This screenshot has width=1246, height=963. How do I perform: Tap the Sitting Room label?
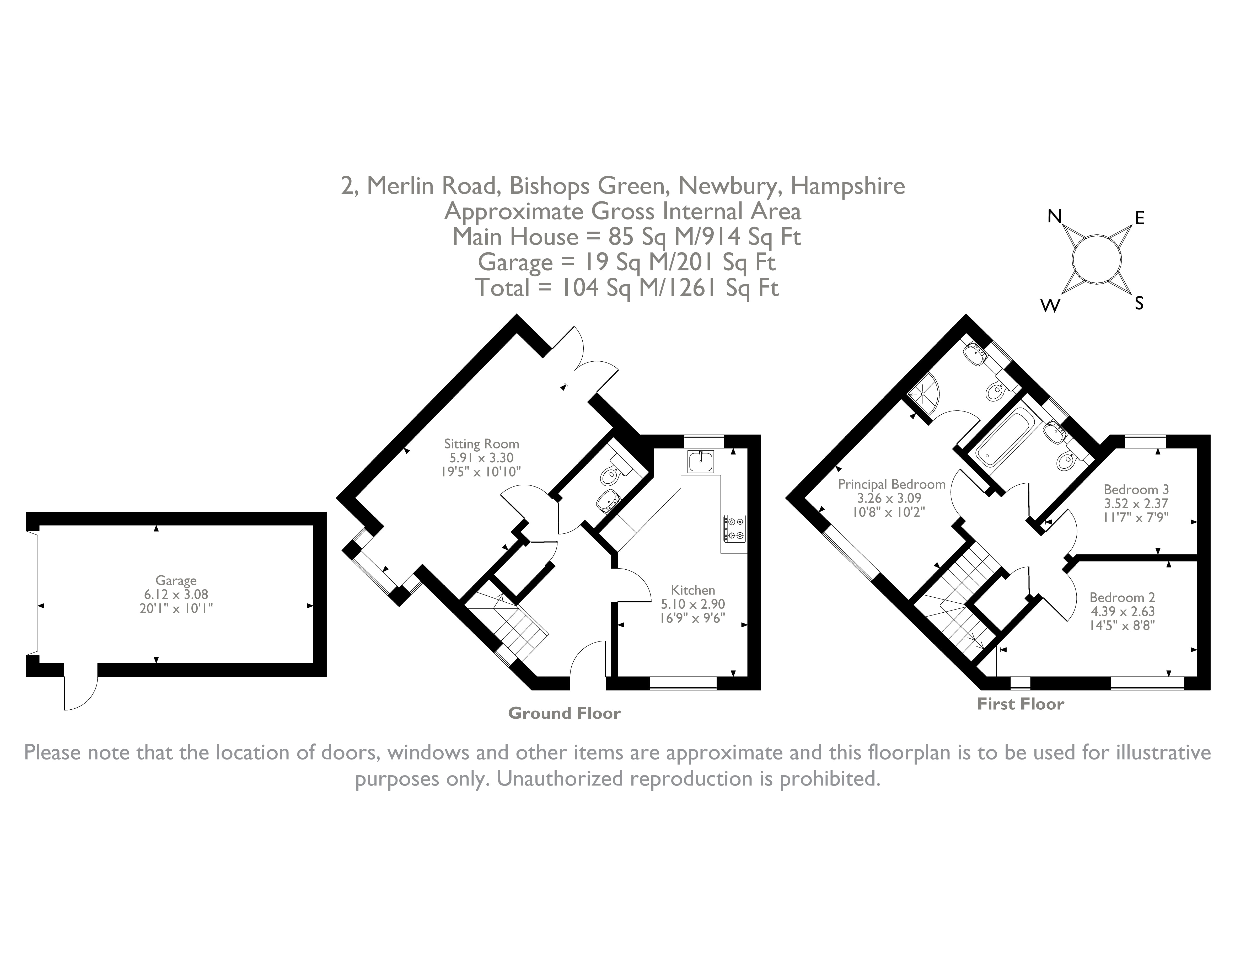tap(481, 444)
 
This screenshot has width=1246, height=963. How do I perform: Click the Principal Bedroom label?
tap(891, 484)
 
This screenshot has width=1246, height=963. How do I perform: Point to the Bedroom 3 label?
tap(1136, 489)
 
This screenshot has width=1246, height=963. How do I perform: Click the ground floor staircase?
tap(513, 628)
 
